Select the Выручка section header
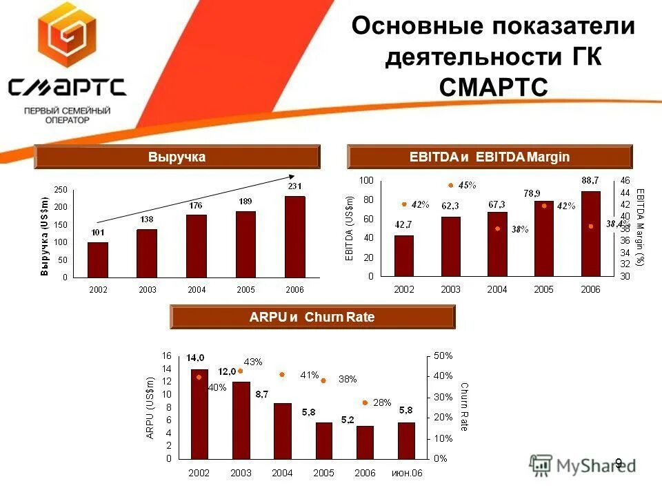[177, 157]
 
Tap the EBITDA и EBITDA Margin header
[490, 157]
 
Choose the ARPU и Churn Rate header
[312, 318]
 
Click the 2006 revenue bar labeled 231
[294, 236]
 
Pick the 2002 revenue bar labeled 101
[98, 259]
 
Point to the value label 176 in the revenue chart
[197, 205]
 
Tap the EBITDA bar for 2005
[543, 238]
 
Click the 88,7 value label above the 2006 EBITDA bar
[590, 181]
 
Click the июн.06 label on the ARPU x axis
[407, 473]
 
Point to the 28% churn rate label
[382, 402]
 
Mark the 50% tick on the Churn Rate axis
[443, 355]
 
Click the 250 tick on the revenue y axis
[61, 190]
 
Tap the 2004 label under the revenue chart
[197, 290]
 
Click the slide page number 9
[619, 463]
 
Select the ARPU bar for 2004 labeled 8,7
[282, 430]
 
